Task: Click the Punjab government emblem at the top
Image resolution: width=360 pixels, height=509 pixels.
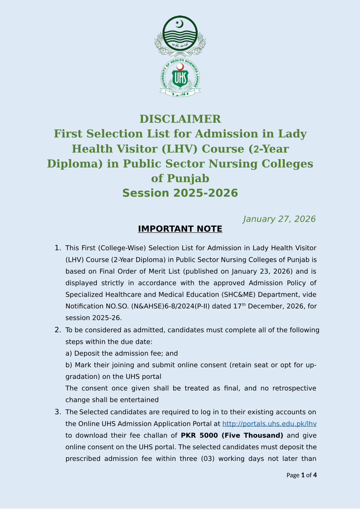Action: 180,36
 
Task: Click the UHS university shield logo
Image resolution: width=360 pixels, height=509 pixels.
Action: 180,78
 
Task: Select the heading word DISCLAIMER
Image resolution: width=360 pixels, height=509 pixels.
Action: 180,119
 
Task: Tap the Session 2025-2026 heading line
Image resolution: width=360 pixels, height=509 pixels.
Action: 180,193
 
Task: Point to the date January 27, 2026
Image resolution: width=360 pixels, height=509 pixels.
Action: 279,219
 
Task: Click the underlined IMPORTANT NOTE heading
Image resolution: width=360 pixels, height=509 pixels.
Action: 180,229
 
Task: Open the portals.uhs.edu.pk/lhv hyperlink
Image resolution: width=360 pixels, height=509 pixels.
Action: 269,424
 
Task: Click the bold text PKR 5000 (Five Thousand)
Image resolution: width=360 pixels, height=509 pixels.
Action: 232,435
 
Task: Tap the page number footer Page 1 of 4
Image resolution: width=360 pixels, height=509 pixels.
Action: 301,475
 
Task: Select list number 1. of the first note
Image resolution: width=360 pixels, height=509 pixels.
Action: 58,248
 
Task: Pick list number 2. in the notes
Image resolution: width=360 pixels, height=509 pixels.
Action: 58,330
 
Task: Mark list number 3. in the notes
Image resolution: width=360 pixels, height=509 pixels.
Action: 58,412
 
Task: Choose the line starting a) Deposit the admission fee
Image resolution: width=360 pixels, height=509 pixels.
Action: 121,353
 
